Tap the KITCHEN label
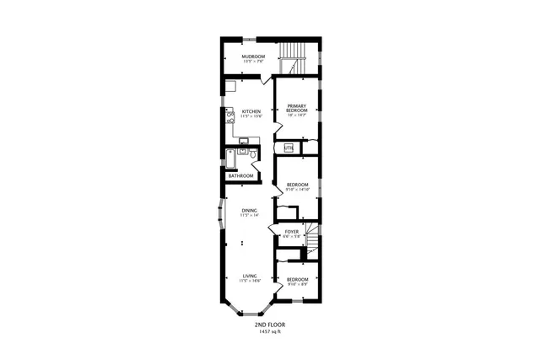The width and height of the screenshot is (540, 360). click(x=251, y=111)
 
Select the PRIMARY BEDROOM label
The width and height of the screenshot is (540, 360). click(x=295, y=109)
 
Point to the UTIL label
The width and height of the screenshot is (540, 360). click(x=289, y=148)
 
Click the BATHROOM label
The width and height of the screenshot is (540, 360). click(x=240, y=175)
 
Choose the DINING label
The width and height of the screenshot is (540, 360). click(x=249, y=210)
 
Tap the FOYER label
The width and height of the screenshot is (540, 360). click(x=292, y=231)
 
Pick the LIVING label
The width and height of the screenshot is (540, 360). click(x=250, y=276)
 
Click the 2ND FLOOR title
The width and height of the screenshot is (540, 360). click(x=270, y=325)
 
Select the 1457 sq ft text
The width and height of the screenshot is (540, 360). click(x=270, y=331)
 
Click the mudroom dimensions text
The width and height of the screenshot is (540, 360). click(x=249, y=62)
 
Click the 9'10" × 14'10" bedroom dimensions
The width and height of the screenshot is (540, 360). click(x=297, y=190)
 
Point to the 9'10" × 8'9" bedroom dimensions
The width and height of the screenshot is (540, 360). click(x=297, y=284)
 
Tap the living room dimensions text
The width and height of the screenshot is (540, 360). click(x=250, y=281)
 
